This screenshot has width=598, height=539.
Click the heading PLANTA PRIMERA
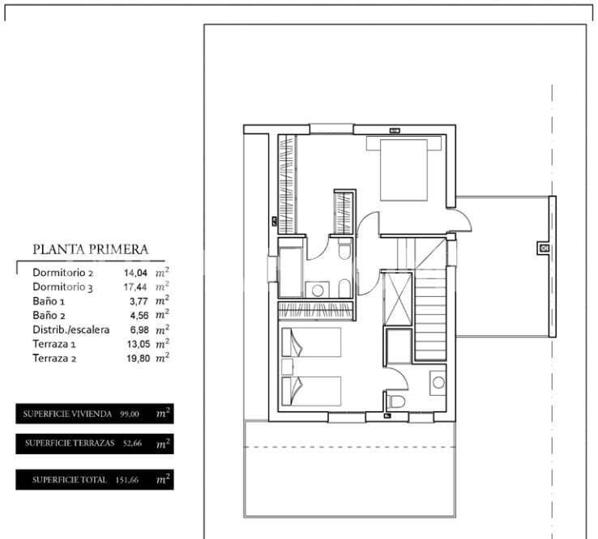pos(90,250)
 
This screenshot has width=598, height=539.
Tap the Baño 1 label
pos(51,301)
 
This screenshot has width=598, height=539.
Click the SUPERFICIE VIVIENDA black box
pos(93,414)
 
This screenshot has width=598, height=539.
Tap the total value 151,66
pos(127,480)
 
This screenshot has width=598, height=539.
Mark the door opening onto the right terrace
pos(459,219)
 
